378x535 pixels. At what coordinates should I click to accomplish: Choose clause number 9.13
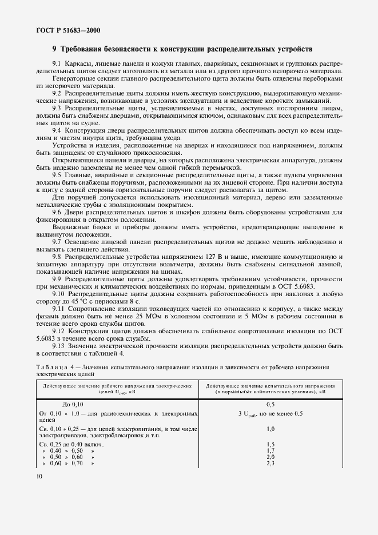[59, 346]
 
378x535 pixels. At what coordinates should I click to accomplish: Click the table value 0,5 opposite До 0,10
[271, 404]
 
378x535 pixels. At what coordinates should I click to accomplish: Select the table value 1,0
[271, 428]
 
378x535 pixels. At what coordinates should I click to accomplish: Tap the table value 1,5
[271, 444]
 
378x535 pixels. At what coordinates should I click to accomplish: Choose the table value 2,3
[271, 463]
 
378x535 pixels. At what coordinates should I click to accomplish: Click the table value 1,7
[271, 450]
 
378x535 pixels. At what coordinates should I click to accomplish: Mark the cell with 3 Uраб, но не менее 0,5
[271, 413]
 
